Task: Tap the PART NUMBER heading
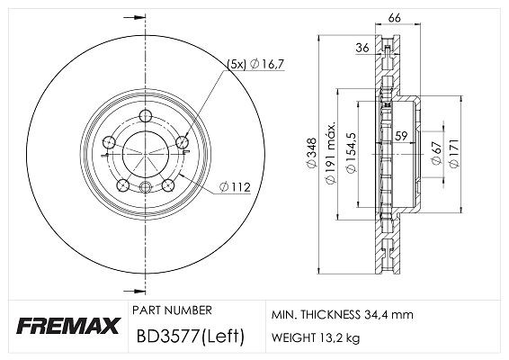pos(172,310)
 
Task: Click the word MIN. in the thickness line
pos(286,315)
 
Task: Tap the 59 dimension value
pos(402,137)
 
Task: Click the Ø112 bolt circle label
pos(236,188)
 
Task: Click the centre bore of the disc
pos(146,149)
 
